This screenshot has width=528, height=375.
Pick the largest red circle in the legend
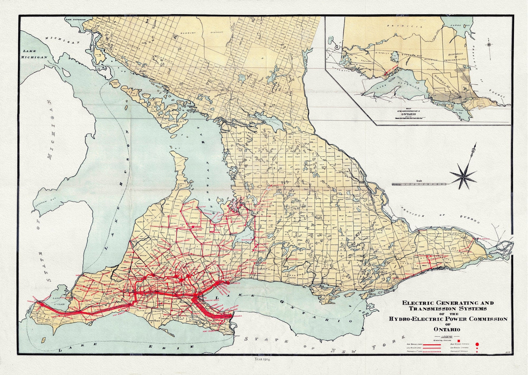(476, 344)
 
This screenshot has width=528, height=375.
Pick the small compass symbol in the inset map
(490, 43)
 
